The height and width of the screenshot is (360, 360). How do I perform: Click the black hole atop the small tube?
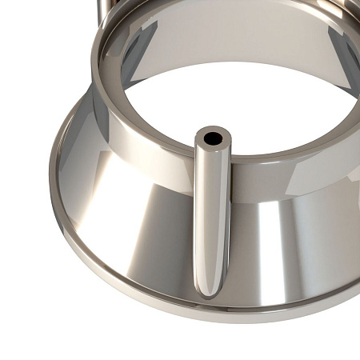point(213,138)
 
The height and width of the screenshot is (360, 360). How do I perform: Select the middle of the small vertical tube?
point(212,216)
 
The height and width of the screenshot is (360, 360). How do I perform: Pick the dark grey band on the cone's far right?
point(340,232)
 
